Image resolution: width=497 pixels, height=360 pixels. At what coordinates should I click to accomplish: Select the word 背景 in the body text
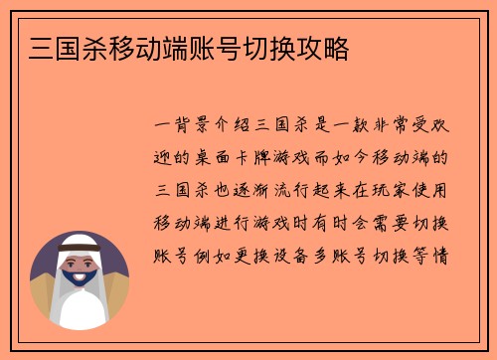(193, 127)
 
